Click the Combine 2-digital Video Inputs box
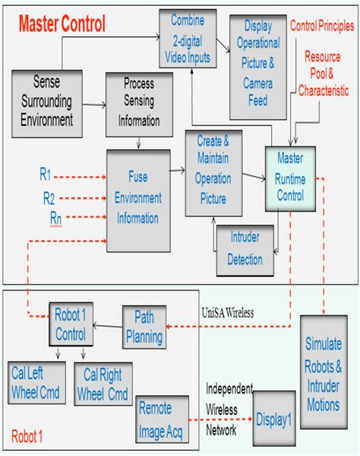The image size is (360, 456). pos(187,38)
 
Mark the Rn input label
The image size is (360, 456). pos(47,219)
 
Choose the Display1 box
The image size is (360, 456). pos(274,417)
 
